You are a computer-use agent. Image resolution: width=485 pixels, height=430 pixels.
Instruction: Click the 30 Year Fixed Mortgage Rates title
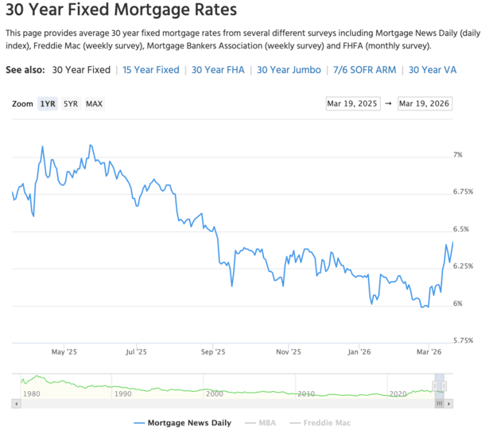coord(121,12)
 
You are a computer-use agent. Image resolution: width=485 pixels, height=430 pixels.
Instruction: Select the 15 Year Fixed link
coord(151,70)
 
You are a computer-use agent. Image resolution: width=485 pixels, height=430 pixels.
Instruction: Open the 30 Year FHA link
coord(219,70)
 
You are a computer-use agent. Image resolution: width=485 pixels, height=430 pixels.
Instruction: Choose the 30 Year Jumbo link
coord(289,70)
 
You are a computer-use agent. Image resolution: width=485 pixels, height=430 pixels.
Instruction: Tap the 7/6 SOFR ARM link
coord(365,70)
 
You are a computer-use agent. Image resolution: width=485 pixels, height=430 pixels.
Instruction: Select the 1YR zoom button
coord(48,104)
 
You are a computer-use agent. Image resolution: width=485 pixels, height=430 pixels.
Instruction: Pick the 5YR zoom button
coord(71,104)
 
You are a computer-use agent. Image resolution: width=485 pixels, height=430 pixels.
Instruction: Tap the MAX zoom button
coord(94,104)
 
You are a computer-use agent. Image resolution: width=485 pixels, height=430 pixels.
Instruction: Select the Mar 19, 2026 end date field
coord(425,104)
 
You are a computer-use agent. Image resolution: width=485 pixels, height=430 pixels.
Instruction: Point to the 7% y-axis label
coord(457,155)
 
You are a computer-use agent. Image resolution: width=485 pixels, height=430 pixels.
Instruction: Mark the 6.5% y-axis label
coord(460,229)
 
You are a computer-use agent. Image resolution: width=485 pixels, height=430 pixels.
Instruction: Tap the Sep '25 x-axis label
coord(213,351)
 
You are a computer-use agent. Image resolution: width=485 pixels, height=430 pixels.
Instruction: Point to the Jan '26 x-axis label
coord(359,351)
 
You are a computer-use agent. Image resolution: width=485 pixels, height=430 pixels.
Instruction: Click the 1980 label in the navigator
coord(33,393)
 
